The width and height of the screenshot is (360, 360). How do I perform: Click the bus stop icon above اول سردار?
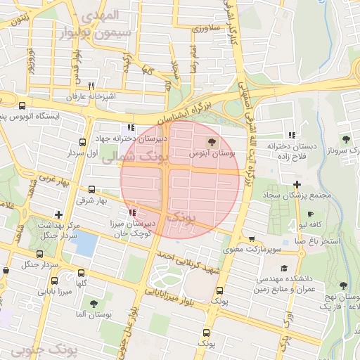(83, 143)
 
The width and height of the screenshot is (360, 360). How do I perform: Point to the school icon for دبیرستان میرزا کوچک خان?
(131, 212)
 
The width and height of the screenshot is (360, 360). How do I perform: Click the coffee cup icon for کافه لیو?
(311, 214)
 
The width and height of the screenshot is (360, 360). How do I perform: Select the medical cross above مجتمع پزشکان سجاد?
(297, 184)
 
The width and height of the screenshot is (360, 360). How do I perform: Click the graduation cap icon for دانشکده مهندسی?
(284, 268)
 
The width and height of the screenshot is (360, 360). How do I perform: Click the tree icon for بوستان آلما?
(94, 304)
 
